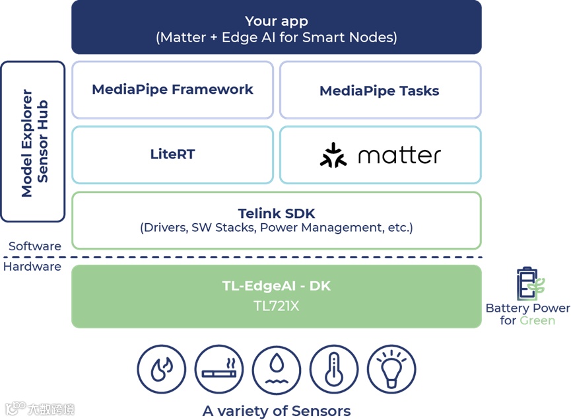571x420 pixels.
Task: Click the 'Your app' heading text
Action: coord(276,21)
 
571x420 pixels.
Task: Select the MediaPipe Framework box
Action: coord(172,90)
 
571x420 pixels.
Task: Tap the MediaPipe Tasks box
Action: coord(380,90)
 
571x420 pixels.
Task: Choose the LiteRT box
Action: coord(172,155)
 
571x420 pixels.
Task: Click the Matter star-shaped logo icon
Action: coord(333,155)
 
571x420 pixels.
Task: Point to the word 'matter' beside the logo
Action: coord(399,156)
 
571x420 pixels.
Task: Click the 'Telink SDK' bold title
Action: coord(276,213)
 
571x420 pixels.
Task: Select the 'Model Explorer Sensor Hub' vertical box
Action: coord(33,142)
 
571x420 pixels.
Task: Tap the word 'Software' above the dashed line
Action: coord(35,246)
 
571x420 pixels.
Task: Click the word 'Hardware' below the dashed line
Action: coord(32,267)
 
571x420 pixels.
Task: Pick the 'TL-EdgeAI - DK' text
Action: coord(276,286)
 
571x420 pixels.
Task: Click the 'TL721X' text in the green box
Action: coord(276,306)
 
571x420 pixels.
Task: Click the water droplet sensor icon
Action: coord(276,370)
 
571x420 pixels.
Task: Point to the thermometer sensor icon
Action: coord(333,370)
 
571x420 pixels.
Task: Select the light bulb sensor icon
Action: coord(391,370)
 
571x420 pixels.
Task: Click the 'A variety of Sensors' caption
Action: coord(276,411)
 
